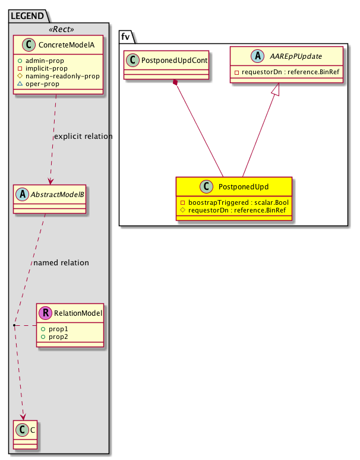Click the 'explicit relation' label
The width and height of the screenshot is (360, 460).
(x=83, y=137)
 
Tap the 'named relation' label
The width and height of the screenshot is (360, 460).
(x=61, y=262)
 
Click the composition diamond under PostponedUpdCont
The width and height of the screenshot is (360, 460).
(x=176, y=84)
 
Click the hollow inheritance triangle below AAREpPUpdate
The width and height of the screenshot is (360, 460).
(x=275, y=90)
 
